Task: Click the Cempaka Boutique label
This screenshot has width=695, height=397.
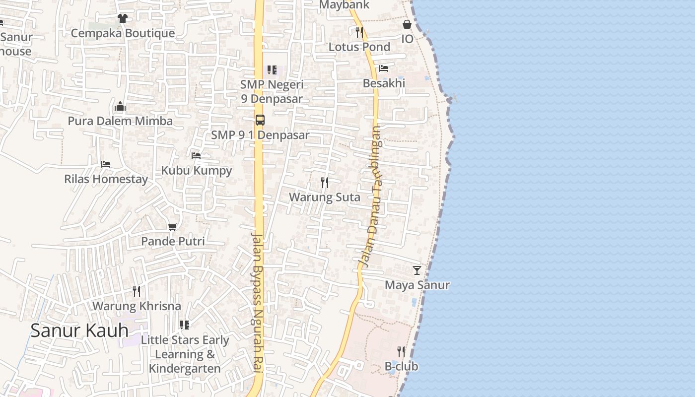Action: coord(123,33)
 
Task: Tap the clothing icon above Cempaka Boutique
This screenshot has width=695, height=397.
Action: coord(123,18)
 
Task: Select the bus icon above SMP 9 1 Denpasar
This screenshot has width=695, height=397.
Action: coord(260,120)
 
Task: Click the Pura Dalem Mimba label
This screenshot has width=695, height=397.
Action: coord(120,121)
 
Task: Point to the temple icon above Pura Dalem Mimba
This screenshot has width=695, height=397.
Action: coord(120,106)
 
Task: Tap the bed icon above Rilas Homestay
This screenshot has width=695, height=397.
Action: coord(106,164)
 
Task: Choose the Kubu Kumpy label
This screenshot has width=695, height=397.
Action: coord(197,171)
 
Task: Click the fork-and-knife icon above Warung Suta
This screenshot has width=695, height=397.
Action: coord(325,182)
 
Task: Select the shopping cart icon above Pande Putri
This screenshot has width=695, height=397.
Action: coord(173,227)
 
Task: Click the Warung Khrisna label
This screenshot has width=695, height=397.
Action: coord(137,306)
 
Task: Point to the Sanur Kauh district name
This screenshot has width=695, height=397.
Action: coord(79,331)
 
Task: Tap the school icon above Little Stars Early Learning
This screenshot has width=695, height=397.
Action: coord(185,325)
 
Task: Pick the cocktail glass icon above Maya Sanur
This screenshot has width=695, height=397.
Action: coord(417,270)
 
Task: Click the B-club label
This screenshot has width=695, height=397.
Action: coord(402,367)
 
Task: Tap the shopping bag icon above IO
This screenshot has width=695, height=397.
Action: coord(407,24)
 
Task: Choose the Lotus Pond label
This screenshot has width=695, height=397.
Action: coord(359,47)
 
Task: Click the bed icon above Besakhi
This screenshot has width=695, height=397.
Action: coord(384,68)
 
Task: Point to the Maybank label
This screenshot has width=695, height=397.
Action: coord(344,5)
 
